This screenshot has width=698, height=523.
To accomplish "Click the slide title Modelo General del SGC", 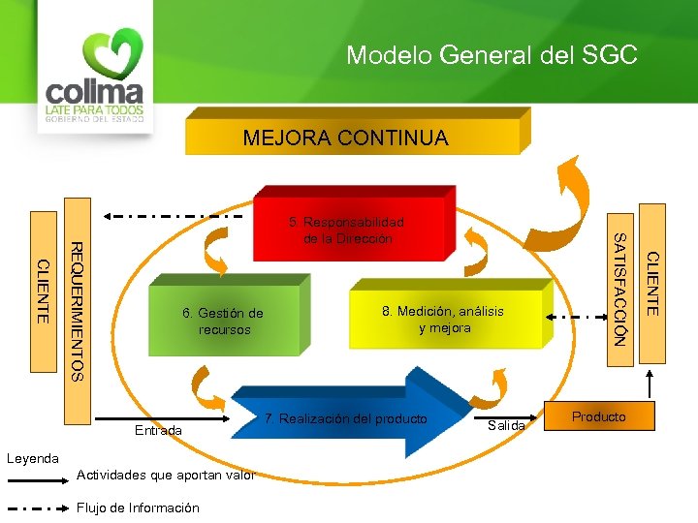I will pyautogui.click(x=492, y=55).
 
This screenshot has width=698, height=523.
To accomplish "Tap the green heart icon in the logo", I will pyautogui.click(x=112, y=54).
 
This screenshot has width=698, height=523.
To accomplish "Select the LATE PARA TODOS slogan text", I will pyautogui.click(x=95, y=110).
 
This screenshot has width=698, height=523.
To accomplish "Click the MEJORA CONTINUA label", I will pyautogui.click(x=345, y=138).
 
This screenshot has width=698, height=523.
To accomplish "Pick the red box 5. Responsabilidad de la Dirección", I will pyautogui.click(x=346, y=231).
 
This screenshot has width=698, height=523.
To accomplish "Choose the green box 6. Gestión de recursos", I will pyautogui.click(x=223, y=321).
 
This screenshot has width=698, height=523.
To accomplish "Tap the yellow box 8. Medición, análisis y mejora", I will pyautogui.click(x=442, y=320).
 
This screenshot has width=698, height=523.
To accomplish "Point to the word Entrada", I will pyautogui.click(x=158, y=430).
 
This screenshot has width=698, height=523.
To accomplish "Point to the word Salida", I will pyautogui.click(x=506, y=426).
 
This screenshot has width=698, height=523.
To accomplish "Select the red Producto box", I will pyautogui.click(x=598, y=416).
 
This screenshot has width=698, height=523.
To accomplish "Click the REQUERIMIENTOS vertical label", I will pyautogui.click(x=79, y=309).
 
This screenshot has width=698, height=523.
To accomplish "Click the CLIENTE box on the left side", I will pyautogui.click(x=43, y=291).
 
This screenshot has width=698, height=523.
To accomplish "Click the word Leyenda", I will pyautogui.click(x=33, y=457).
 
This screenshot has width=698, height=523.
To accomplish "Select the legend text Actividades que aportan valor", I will pyautogui.click(x=165, y=475).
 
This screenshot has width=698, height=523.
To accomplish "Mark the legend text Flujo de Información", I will pyautogui.click(x=137, y=508).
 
